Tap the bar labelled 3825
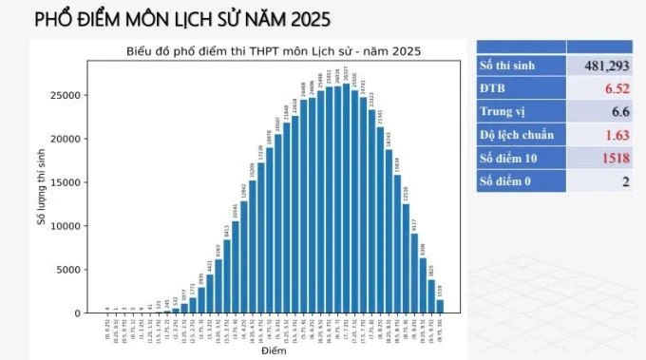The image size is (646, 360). point(431,296)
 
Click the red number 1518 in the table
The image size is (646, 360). point(611,157)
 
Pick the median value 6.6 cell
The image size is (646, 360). point(616,111)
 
